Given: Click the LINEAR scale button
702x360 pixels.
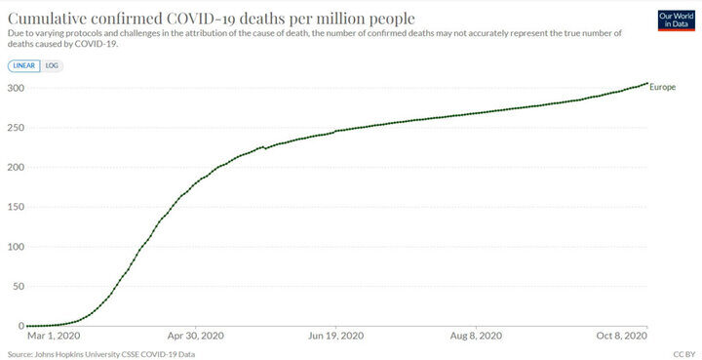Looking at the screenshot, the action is point(24,66).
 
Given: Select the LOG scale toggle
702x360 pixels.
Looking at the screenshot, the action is point(52,66).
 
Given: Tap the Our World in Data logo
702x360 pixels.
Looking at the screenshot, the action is point(676,20).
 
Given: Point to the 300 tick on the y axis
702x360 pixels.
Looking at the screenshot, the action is point(16,88).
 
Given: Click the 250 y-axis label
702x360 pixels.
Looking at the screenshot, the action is point(16,128).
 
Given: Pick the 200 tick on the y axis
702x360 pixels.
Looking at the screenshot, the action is point(16,168).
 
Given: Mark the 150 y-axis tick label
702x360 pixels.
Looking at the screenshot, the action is point(16,207).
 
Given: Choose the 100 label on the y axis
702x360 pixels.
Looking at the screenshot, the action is point(16,247).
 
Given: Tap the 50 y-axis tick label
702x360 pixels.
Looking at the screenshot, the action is point(19,287).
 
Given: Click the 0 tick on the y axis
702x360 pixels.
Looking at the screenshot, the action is point(21,326).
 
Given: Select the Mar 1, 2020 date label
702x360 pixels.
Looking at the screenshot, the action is point(54,336).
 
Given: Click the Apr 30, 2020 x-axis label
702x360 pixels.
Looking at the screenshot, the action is point(195,336).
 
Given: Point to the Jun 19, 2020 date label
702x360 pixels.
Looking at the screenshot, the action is point(335,336).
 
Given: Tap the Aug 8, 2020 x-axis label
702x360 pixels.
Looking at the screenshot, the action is point(476,336).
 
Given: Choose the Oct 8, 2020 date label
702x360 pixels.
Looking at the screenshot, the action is point(621,336).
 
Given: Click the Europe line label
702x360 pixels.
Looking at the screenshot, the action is point(663,87).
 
